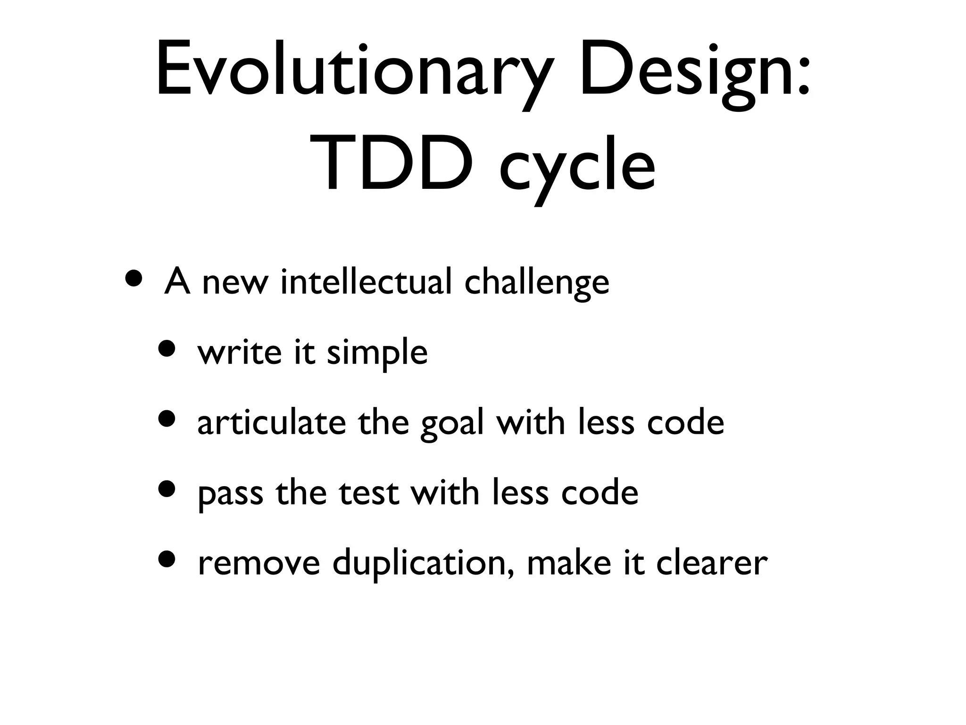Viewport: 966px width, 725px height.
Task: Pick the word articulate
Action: (x=271, y=422)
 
